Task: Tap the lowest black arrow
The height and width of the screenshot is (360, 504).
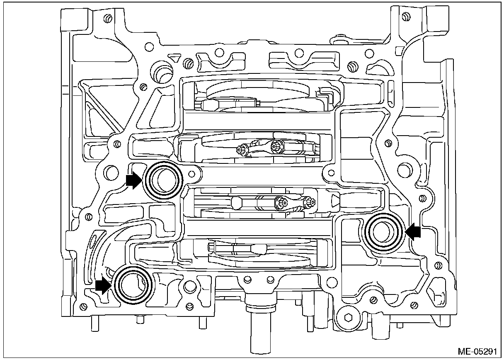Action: pos(103,286)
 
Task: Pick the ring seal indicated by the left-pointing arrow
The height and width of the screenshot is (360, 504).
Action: pos(383,232)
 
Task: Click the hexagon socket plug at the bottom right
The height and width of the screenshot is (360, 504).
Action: pos(348,319)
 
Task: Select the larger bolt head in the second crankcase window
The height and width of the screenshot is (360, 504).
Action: pos(275,146)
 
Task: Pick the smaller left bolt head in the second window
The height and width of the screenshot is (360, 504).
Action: pos(241,148)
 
